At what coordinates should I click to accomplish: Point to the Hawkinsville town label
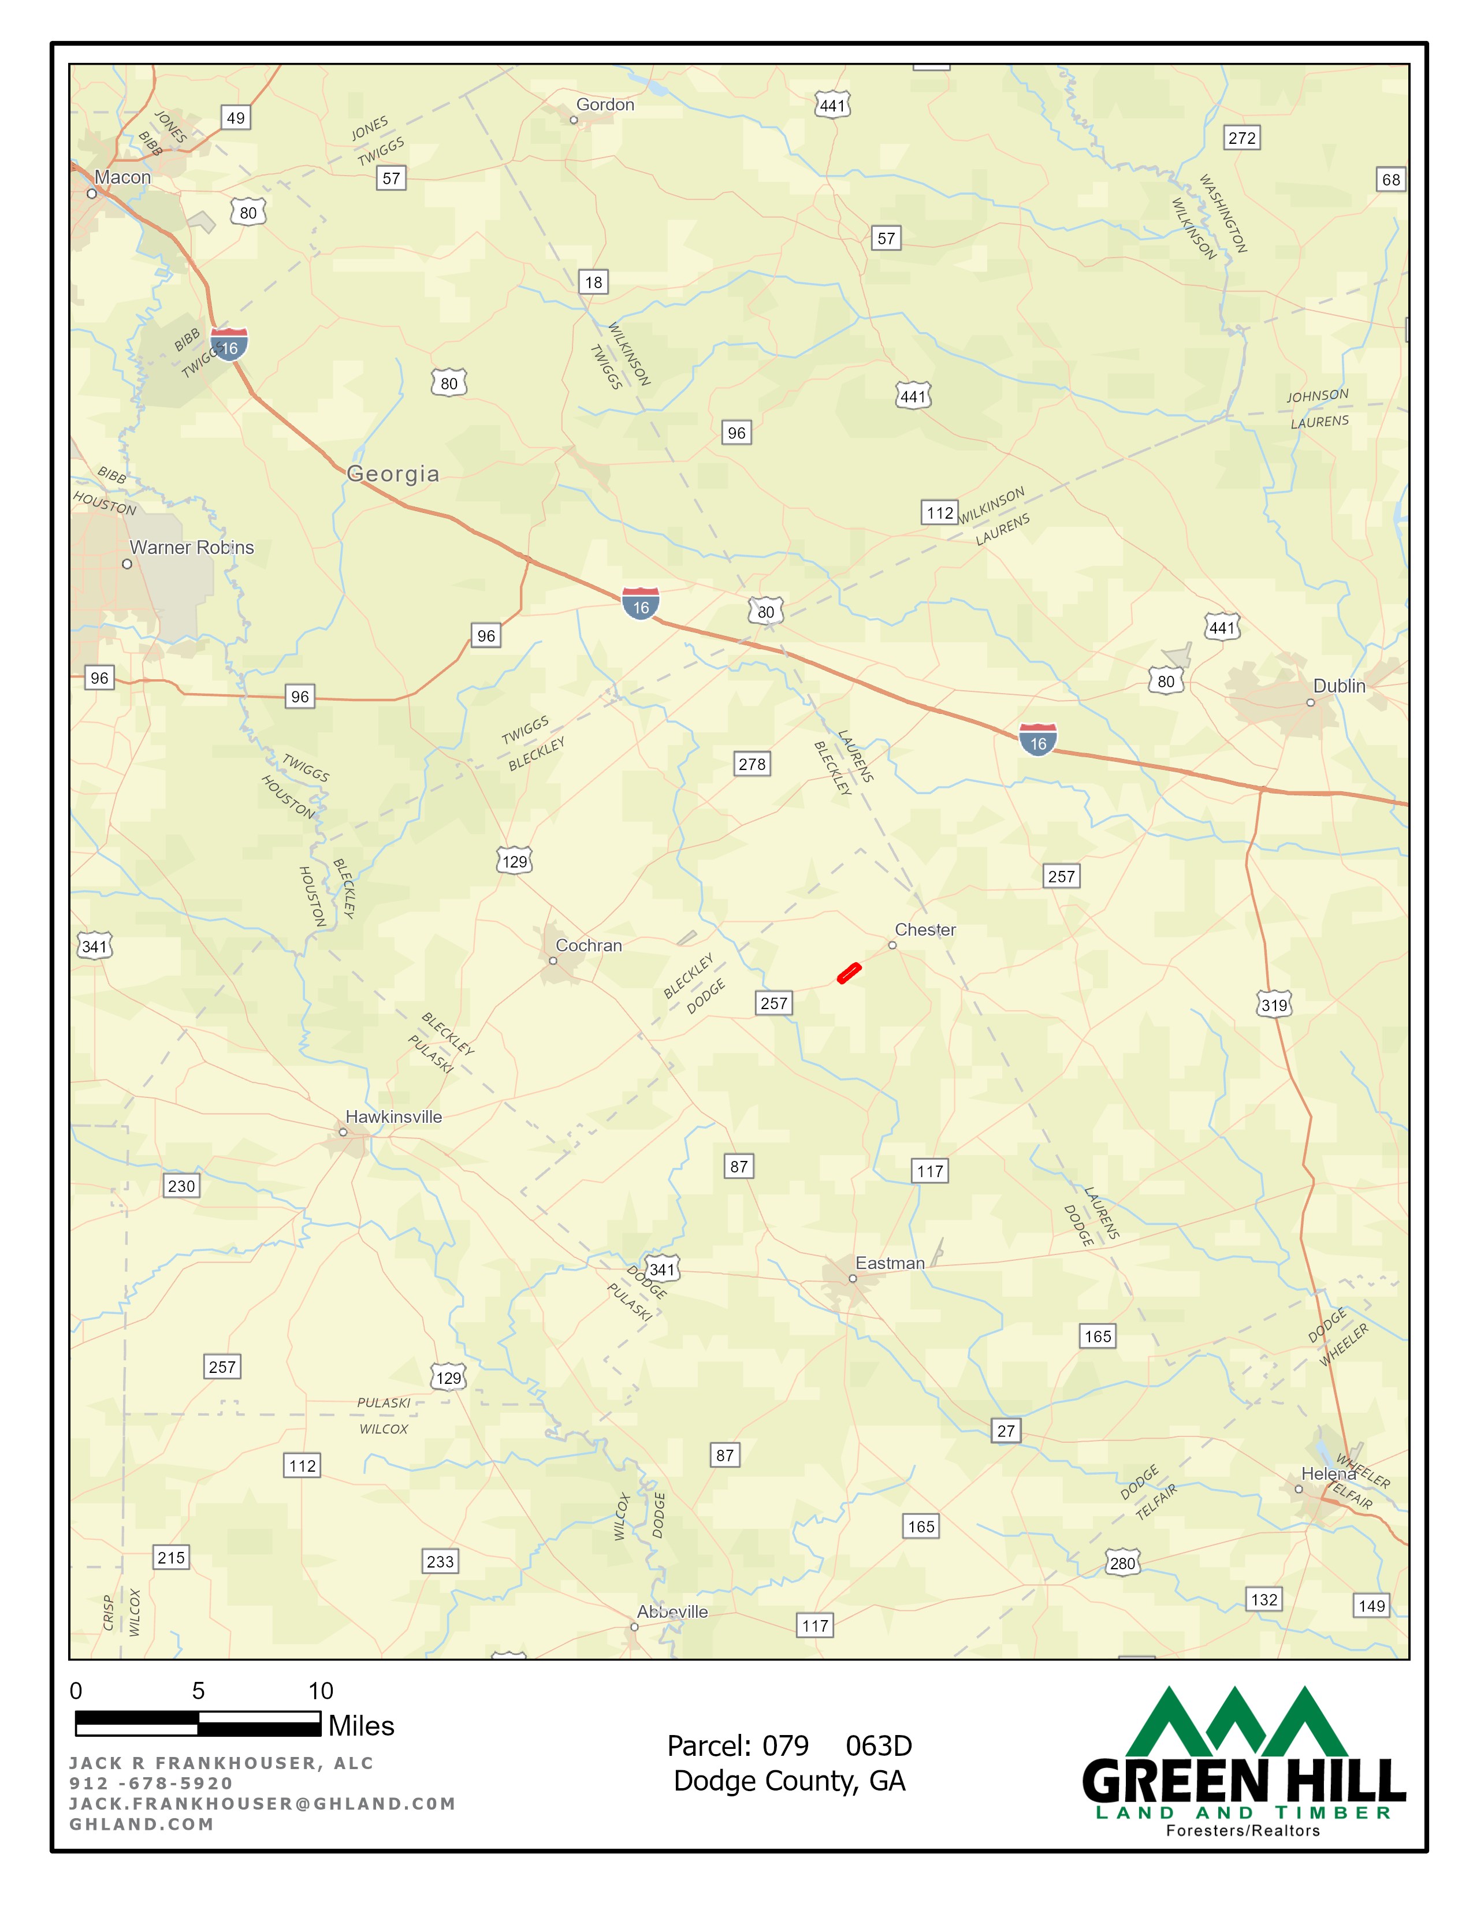click(393, 1117)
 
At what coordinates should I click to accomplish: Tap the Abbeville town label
click(672, 1612)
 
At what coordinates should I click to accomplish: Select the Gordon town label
click(605, 105)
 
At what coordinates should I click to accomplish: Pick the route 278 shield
click(752, 765)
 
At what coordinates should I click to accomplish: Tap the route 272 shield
click(1242, 138)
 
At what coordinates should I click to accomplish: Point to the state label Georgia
click(393, 474)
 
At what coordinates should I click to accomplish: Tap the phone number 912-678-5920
click(151, 1783)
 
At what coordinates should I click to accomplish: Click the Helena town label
click(1328, 1473)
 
